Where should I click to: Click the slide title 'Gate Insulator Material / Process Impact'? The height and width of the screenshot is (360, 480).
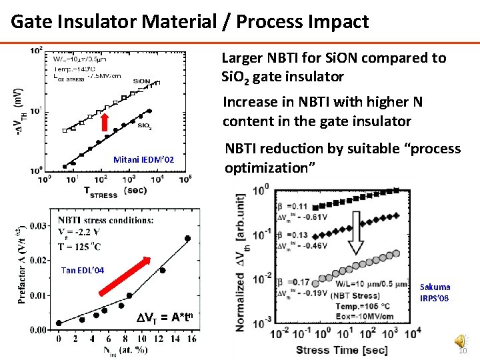[189, 21]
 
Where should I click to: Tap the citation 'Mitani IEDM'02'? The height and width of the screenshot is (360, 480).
[143, 160]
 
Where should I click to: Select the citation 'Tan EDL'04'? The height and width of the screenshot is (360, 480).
[83, 270]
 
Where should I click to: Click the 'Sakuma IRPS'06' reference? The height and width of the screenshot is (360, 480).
[435, 293]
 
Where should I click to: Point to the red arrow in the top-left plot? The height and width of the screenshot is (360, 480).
[105, 124]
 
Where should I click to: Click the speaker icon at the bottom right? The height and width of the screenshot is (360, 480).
[461, 341]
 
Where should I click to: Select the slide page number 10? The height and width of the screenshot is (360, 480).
[463, 352]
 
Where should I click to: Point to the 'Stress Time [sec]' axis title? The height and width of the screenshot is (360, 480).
[341, 350]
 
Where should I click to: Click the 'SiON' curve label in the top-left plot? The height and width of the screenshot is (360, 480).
[142, 81]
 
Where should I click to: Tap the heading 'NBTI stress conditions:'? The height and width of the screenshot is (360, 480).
[115, 220]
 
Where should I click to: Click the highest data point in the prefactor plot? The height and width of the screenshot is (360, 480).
[188, 238]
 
